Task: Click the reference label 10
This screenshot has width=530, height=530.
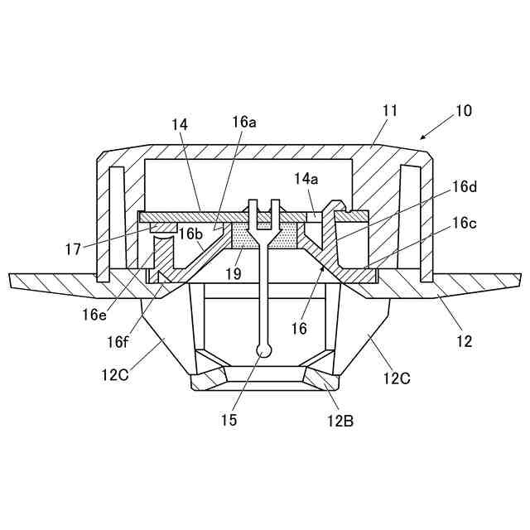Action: pyautogui.click(x=463, y=110)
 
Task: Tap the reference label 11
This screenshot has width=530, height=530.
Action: pyautogui.click(x=390, y=108)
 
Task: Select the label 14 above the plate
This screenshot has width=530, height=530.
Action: pyautogui.click(x=181, y=124)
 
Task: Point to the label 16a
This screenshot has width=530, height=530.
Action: pyautogui.click(x=244, y=122)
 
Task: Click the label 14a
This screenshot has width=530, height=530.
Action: pyautogui.click(x=305, y=178)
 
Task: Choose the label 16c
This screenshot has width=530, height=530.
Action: pyautogui.click(x=465, y=224)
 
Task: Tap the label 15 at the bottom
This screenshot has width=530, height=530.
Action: pyautogui.click(x=229, y=420)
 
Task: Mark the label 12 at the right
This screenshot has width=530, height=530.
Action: pyautogui.click(x=465, y=340)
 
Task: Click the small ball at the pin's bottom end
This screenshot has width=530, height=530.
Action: pyautogui.click(x=263, y=350)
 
